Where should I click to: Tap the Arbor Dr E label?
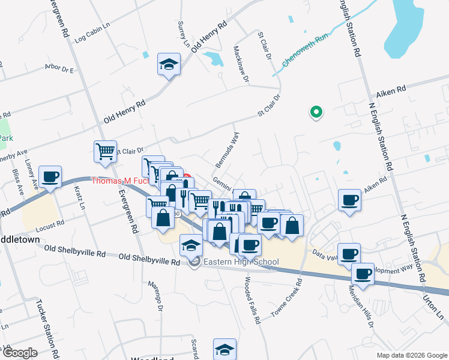pos(58,69)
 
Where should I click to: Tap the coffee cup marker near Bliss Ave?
pos(50,177)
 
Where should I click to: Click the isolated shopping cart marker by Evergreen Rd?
pos(106,151)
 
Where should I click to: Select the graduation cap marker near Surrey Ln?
pos(169,64)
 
